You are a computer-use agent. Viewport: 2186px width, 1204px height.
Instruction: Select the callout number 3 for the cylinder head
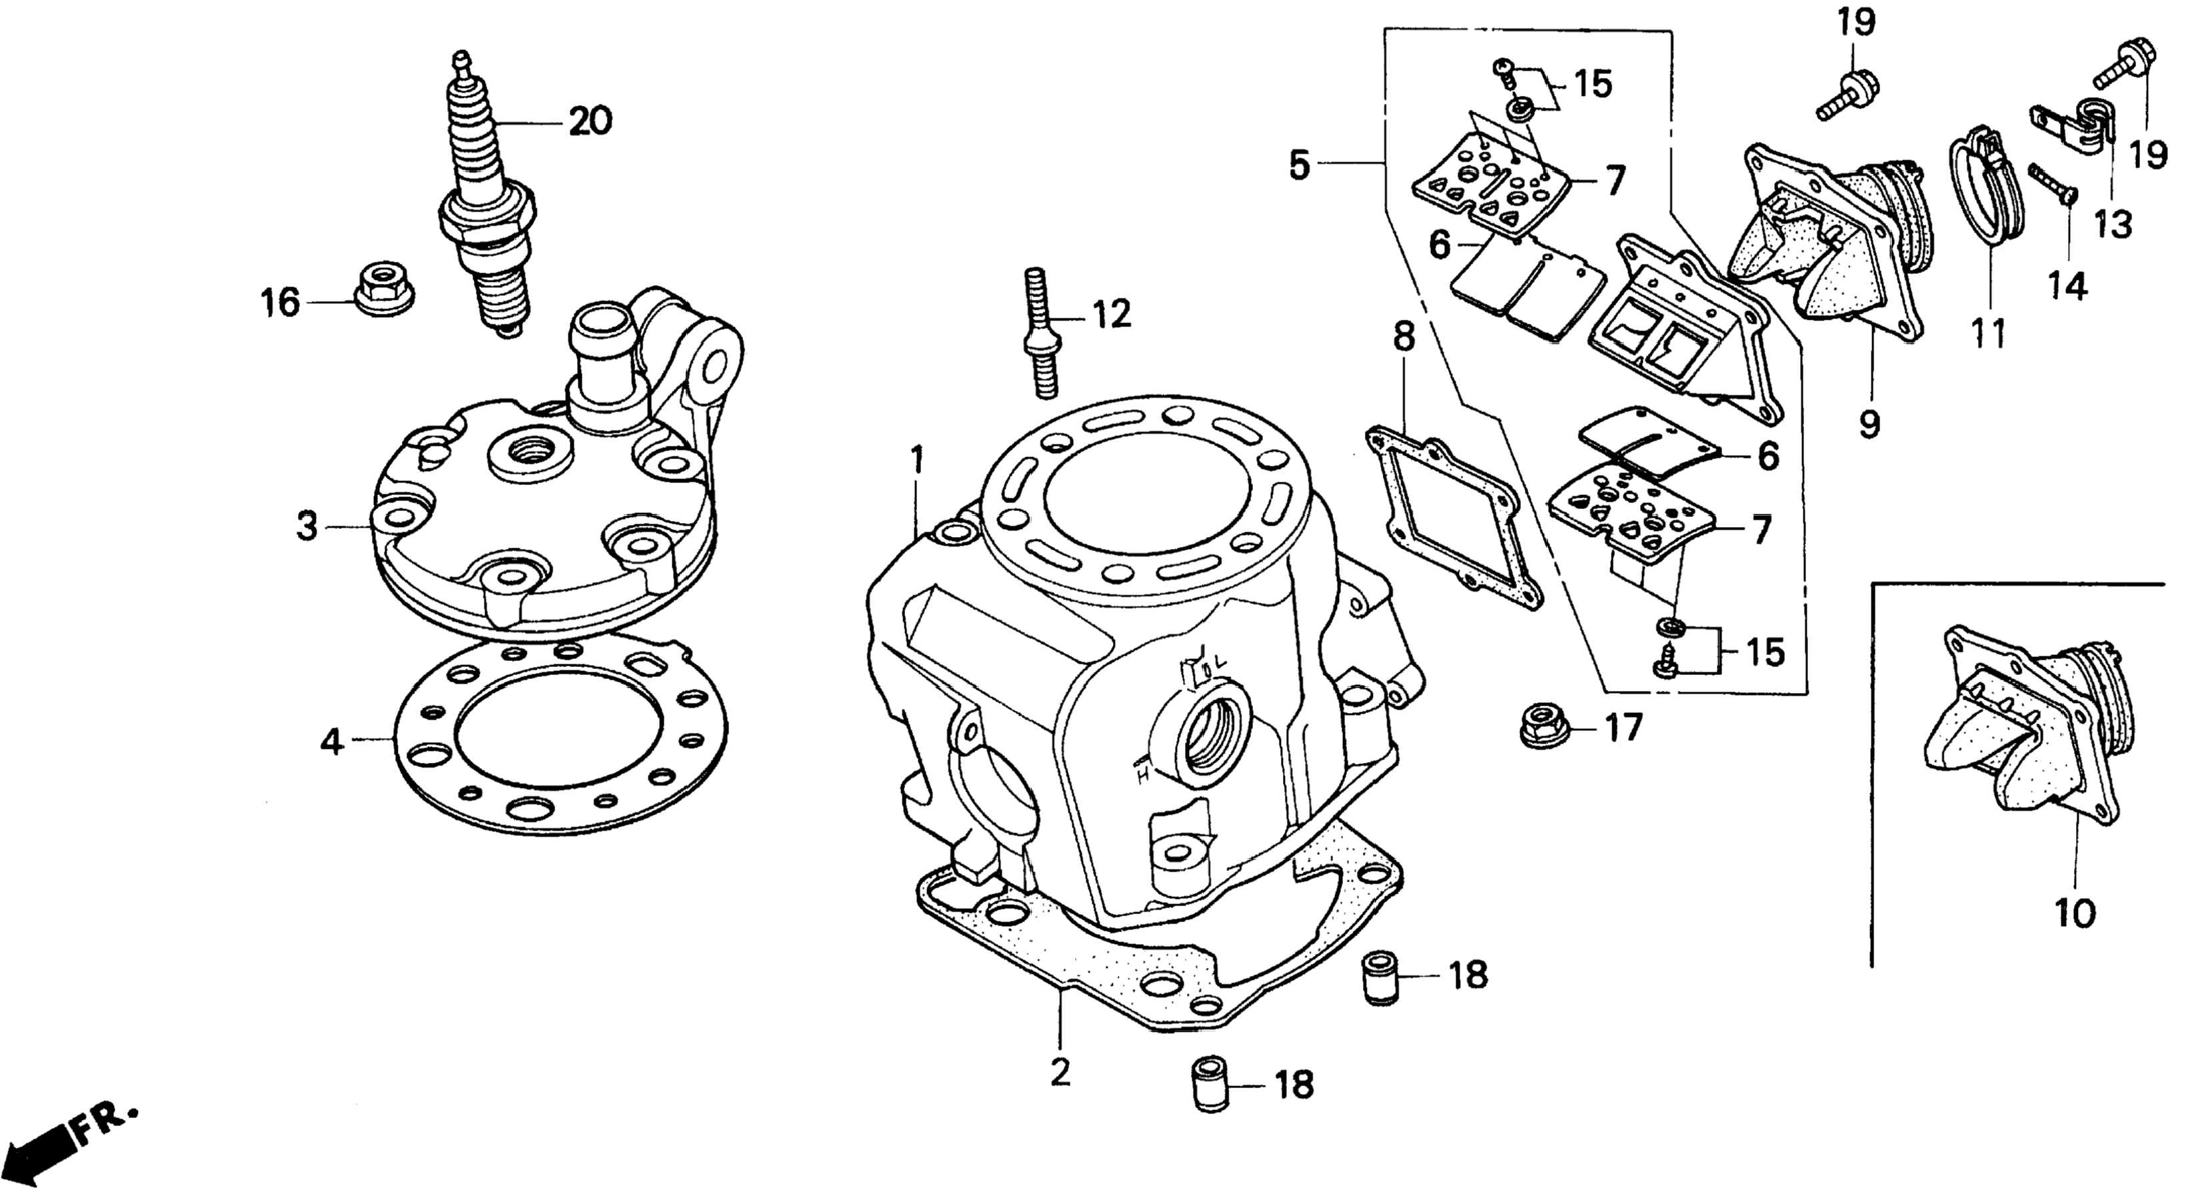tap(307, 527)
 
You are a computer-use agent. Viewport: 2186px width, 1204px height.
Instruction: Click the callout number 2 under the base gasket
tap(1060, 1073)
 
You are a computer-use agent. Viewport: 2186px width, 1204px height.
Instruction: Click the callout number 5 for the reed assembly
tap(1299, 165)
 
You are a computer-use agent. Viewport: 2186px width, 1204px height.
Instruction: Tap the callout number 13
tap(2112, 225)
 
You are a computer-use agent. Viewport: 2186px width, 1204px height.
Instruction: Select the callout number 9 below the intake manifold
tap(1869, 423)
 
